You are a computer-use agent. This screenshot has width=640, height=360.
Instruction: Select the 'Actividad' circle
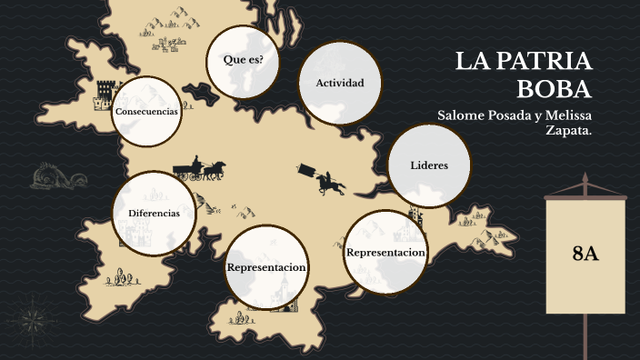tap(339, 84)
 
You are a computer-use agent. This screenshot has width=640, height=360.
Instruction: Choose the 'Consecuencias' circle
tap(146, 111)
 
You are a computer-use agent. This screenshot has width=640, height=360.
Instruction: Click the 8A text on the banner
tap(585, 254)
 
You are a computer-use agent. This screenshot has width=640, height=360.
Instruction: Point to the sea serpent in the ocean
tap(50, 176)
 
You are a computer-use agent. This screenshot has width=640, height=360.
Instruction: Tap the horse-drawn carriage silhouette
tap(200, 169)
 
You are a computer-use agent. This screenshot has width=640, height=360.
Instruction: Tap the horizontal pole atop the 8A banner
tap(585, 195)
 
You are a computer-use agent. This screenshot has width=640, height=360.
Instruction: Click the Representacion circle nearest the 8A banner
tap(386, 253)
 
